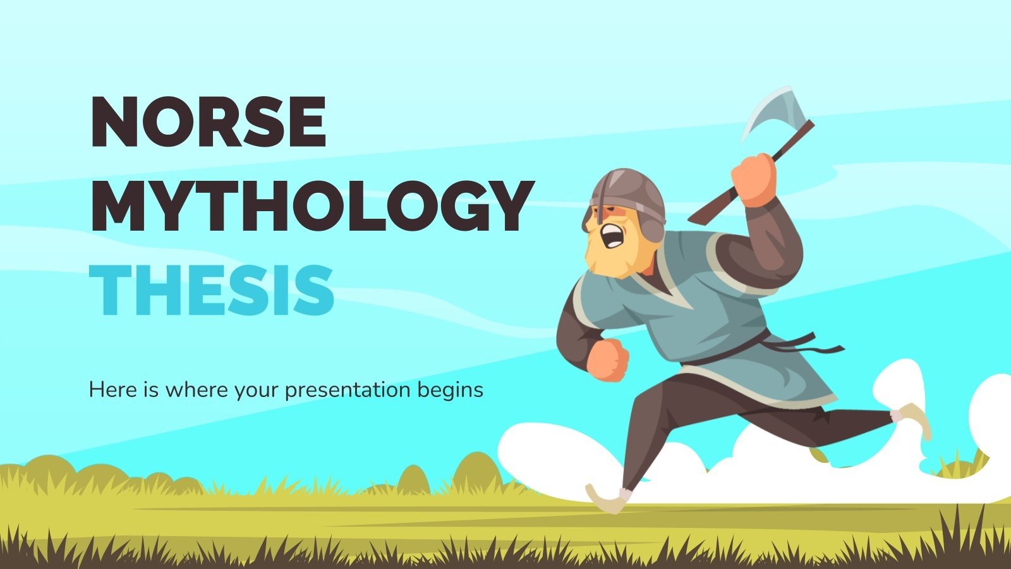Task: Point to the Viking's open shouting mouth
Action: pyautogui.click(x=611, y=238)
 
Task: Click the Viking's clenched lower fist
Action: pyautogui.click(x=607, y=360)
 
